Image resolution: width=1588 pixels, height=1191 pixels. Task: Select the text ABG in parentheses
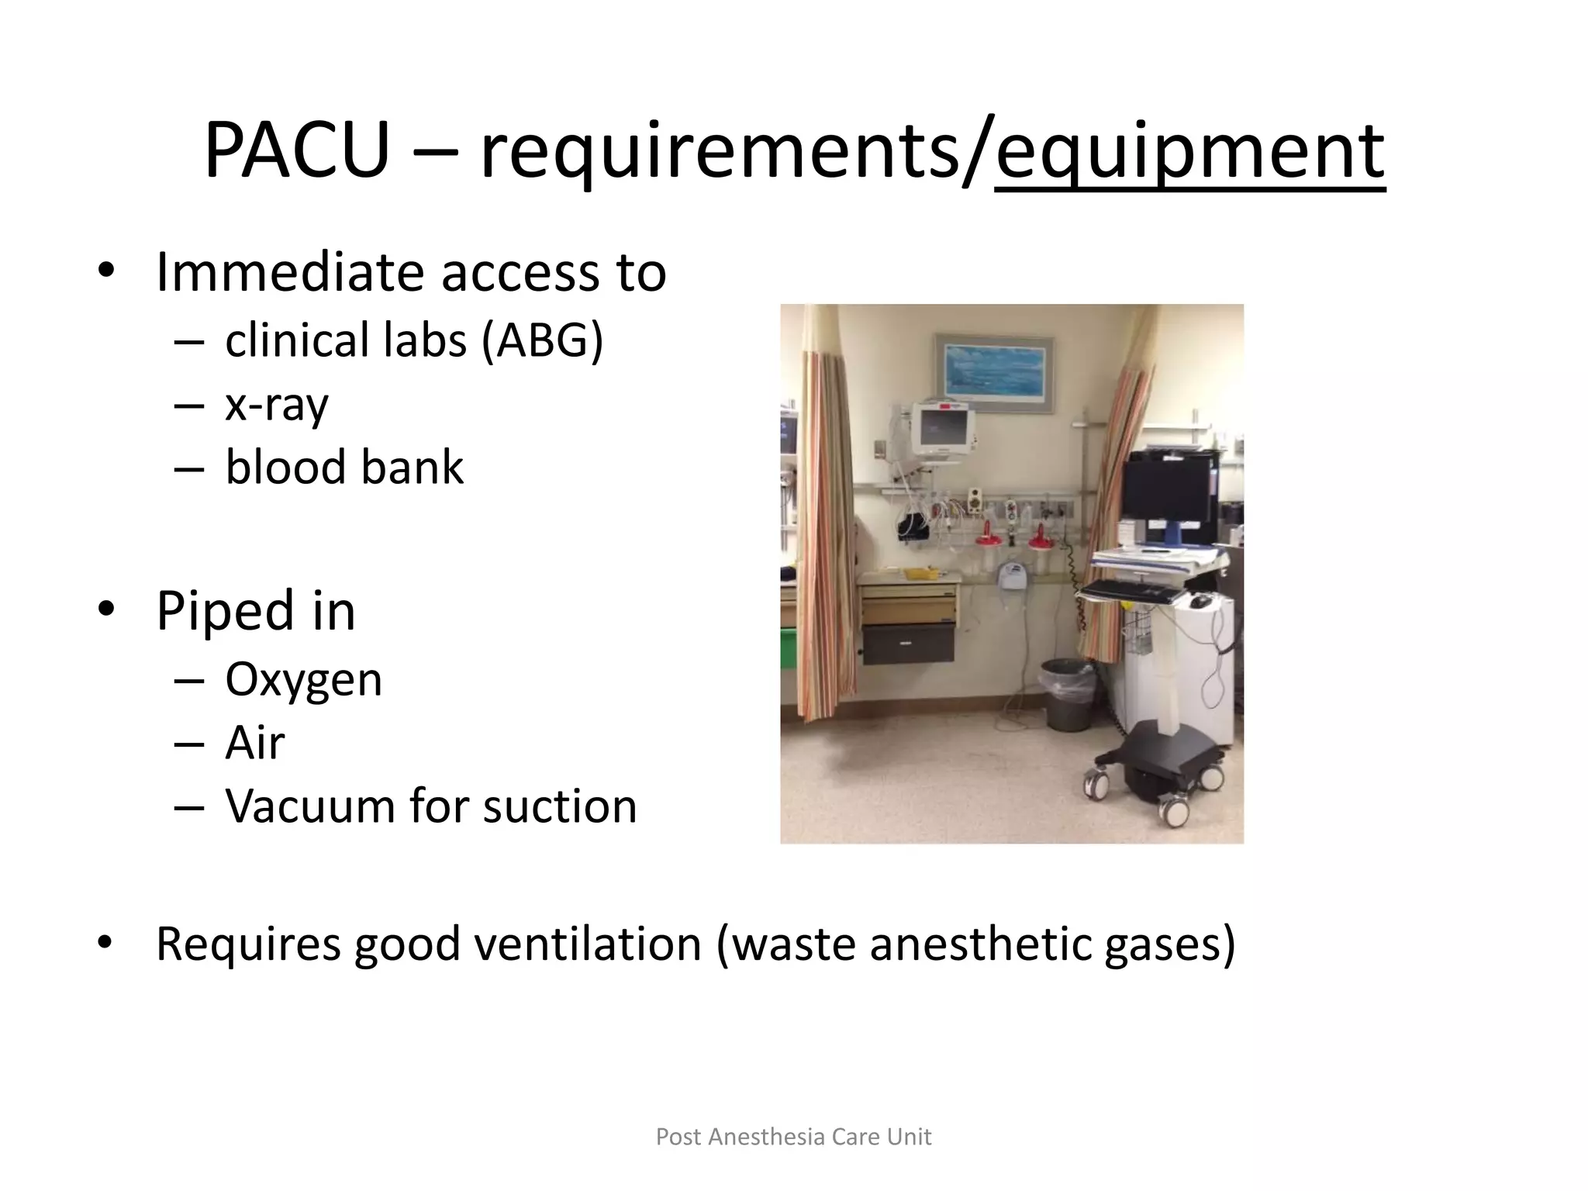tap(541, 340)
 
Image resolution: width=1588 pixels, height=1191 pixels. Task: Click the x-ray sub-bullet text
tap(277, 405)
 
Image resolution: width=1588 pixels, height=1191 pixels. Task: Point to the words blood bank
tap(344, 468)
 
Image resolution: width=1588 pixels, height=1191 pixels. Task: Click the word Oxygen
tap(303, 679)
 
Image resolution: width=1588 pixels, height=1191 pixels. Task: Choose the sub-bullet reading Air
tap(255, 743)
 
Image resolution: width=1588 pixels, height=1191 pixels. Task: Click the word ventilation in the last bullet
tap(588, 944)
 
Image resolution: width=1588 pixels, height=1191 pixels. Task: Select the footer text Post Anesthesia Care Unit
tap(793, 1137)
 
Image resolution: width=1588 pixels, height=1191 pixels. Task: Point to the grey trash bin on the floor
tap(1068, 692)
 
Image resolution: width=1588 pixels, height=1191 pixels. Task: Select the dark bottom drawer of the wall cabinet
tap(908, 644)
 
